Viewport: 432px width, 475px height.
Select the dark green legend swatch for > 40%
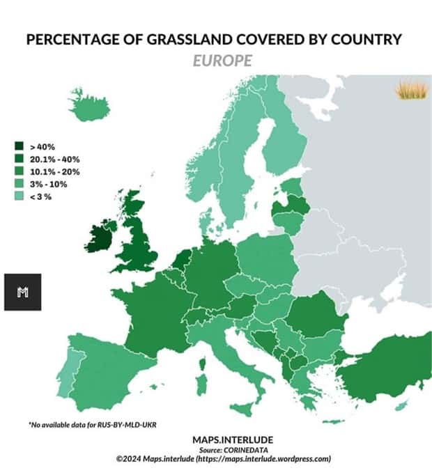coord(20,146)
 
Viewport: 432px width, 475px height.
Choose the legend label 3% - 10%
coord(49,184)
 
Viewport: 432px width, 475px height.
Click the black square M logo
coord(22,292)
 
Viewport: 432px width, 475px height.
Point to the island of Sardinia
coord(202,384)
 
